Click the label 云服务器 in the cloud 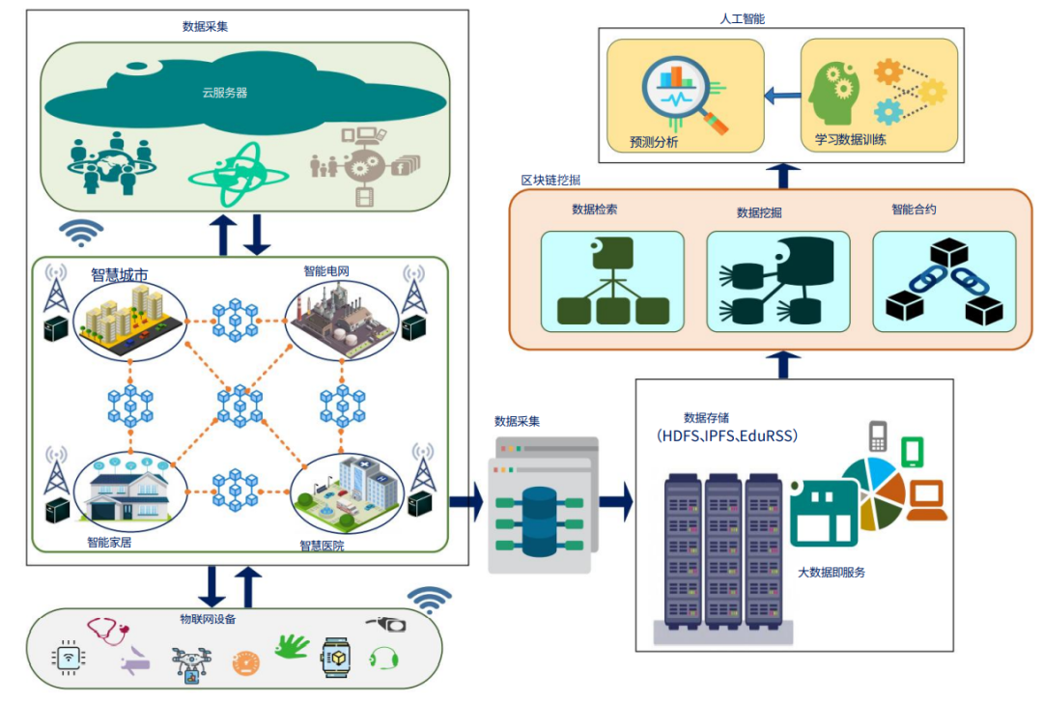pyautogui.click(x=224, y=93)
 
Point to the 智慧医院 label pyautogui.click(x=322, y=546)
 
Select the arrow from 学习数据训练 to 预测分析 pyautogui.click(x=782, y=95)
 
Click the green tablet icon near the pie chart pyautogui.click(x=913, y=451)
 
